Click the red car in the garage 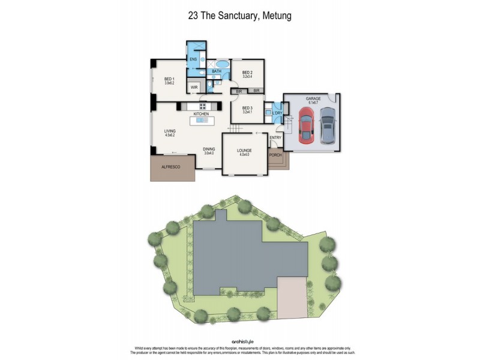click(x=306, y=126)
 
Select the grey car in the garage click(x=327, y=126)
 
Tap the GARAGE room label click(x=312, y=98)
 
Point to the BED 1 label click(x=169, y=79)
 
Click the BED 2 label click(x=247, y=73)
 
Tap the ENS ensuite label click(x=193, y=59)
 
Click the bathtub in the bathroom click(x=222, y=63)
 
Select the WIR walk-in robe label click(x=194, y=88)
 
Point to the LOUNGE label click(x=244, y=151)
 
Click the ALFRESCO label click(x=172, y=169)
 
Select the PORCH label click(x=275, y=155)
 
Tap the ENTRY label click(x=275, y=138)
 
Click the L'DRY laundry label click(x=277, y=113)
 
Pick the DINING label click(x=209, y=149)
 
